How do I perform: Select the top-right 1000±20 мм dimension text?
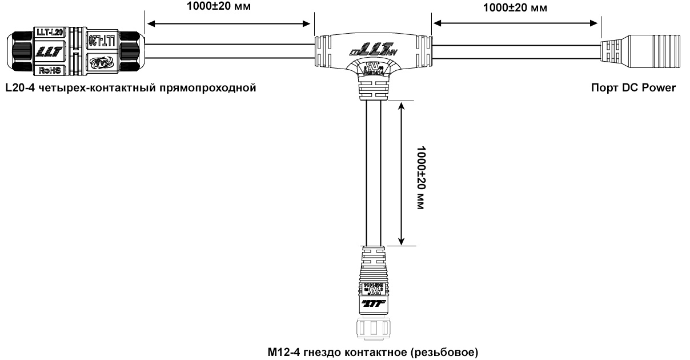tap(515, 7)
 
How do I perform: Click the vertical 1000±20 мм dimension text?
tap(422, 178)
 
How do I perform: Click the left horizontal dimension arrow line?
tap(228, 23)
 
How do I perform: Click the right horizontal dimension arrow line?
tap(516, 23)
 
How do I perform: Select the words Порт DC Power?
tap(634, 88)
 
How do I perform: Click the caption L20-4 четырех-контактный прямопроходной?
tap(129, 88)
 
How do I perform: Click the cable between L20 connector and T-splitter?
tap(228, 51)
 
